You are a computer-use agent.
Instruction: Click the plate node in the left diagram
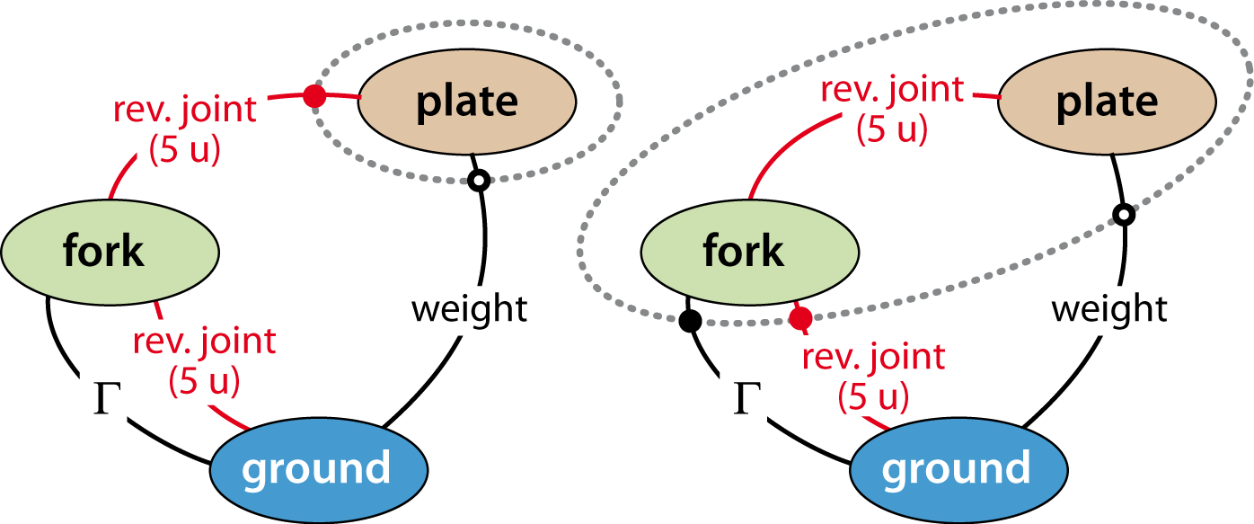click(467, 102)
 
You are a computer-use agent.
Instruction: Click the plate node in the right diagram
click(1107, 102)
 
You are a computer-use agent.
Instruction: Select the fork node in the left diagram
click(110, 253)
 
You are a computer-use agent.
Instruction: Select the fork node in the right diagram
click(749, 253)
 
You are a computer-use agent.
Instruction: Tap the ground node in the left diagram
click(319, 470)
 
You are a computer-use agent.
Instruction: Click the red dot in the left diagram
click(314, 96)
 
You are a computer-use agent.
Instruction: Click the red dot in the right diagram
click(800, 318)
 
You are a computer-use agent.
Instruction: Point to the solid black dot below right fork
click(690, 321)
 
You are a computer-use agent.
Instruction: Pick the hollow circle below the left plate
click(479, 181)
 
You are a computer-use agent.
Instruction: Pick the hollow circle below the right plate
click(1124, 215)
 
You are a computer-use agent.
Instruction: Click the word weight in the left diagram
click(469, 309)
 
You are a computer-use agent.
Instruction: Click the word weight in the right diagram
click(1109, 309)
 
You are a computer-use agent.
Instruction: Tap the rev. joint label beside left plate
click(185, 110)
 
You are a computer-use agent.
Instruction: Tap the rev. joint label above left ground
click(204, 341)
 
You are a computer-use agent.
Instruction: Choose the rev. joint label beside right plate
click(892, 89)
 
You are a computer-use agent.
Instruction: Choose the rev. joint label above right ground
click(873, 357)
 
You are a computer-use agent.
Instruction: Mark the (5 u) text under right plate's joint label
click(892, 129)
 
